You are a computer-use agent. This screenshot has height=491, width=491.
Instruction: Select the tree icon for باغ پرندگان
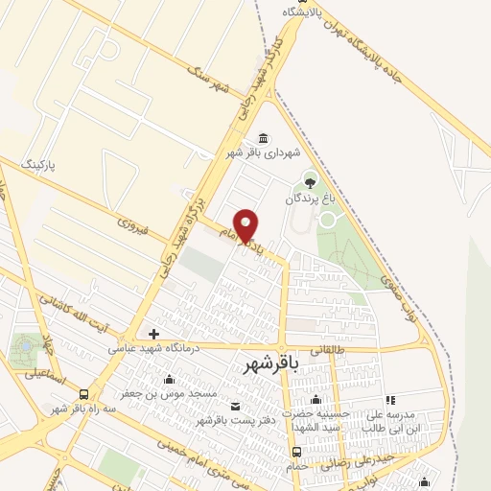pyautogui.click(x=309, y=179)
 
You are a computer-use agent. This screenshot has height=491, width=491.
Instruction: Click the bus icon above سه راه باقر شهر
pyautogui.click(x=85, y=394)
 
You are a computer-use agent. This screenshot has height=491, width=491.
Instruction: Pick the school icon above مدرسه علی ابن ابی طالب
pyautogui.click(x=389, y=400)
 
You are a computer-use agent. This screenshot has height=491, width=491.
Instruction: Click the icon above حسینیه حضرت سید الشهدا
pyautogui.click(x=316, y=400)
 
